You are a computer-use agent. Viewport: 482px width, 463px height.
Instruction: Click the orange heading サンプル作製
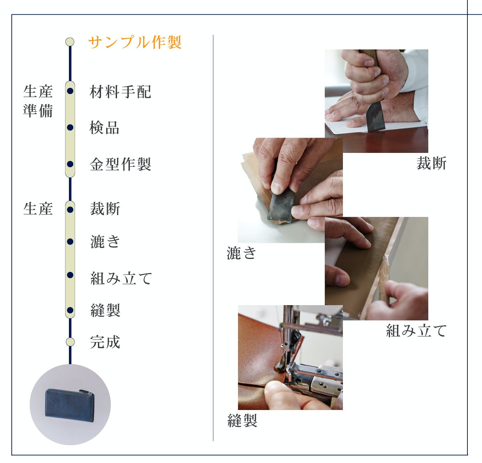pos(135,42)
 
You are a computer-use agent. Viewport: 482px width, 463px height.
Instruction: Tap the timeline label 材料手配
pos(120,92)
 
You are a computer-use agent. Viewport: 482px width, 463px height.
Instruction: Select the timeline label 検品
pos(105,128)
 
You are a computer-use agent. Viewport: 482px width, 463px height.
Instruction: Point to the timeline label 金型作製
pos(120,164)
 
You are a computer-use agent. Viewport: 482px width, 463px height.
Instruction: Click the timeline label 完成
pos(105,342)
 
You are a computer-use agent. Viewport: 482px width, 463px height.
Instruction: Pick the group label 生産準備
pos(38,101)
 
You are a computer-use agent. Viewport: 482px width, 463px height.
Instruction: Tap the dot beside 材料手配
pos(70,91)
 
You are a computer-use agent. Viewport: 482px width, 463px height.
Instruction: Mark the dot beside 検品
pos(70,128)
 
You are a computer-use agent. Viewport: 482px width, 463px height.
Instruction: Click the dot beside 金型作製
pos(70,164)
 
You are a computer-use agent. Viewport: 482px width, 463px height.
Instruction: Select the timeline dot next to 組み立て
pos(70,275)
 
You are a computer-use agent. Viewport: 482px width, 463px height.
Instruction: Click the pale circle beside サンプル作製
pos(70,42)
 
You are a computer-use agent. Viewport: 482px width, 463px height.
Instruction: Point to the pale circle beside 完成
pos(70,342)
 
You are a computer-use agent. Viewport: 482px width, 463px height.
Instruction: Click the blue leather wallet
pos(70,405)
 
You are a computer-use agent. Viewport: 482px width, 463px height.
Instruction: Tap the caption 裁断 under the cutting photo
pos(431,163)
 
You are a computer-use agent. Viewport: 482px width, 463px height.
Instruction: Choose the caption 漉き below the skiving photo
pos(242,253)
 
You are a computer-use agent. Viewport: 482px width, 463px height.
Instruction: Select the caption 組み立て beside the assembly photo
pos(416,331)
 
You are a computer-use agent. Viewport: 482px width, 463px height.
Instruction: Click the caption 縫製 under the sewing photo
pos(242,420)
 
